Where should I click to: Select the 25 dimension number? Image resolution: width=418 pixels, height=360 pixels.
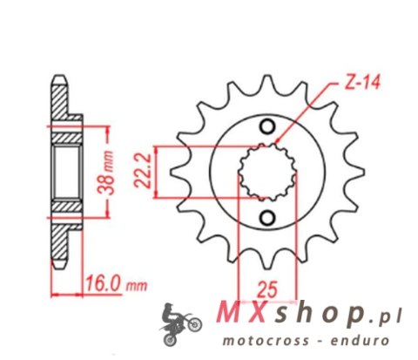[x=266, y=286]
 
